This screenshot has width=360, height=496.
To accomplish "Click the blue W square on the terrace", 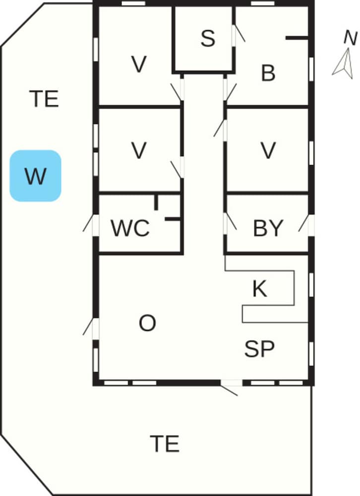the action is (x=35, y=176).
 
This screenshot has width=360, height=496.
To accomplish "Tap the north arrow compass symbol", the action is (x=343, y=63).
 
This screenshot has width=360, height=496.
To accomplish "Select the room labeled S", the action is (x=203, y=39).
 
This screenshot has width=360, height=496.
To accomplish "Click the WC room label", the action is (x=130, y=228).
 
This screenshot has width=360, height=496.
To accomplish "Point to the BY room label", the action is (x=268, y=228).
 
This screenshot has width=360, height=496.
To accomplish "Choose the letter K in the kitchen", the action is (x=260, y=288).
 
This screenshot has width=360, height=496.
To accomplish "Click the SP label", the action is (x=259, y=349).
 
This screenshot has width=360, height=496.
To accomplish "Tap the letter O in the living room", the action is (x=147, y=323).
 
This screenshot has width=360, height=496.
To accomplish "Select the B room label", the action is (x=268, y=73).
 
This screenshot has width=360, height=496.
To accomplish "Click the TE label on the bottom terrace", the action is (x=165, y=443).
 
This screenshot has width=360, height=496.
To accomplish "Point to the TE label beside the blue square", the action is (x=44, y=99).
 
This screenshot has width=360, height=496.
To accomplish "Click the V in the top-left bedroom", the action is (x=139, y=64).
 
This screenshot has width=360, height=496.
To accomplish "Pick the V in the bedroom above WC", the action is (x=139, y=150).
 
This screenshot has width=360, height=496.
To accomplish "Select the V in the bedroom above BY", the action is (x=268, y=150).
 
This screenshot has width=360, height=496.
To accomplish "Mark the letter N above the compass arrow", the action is (x=350, y=38).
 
